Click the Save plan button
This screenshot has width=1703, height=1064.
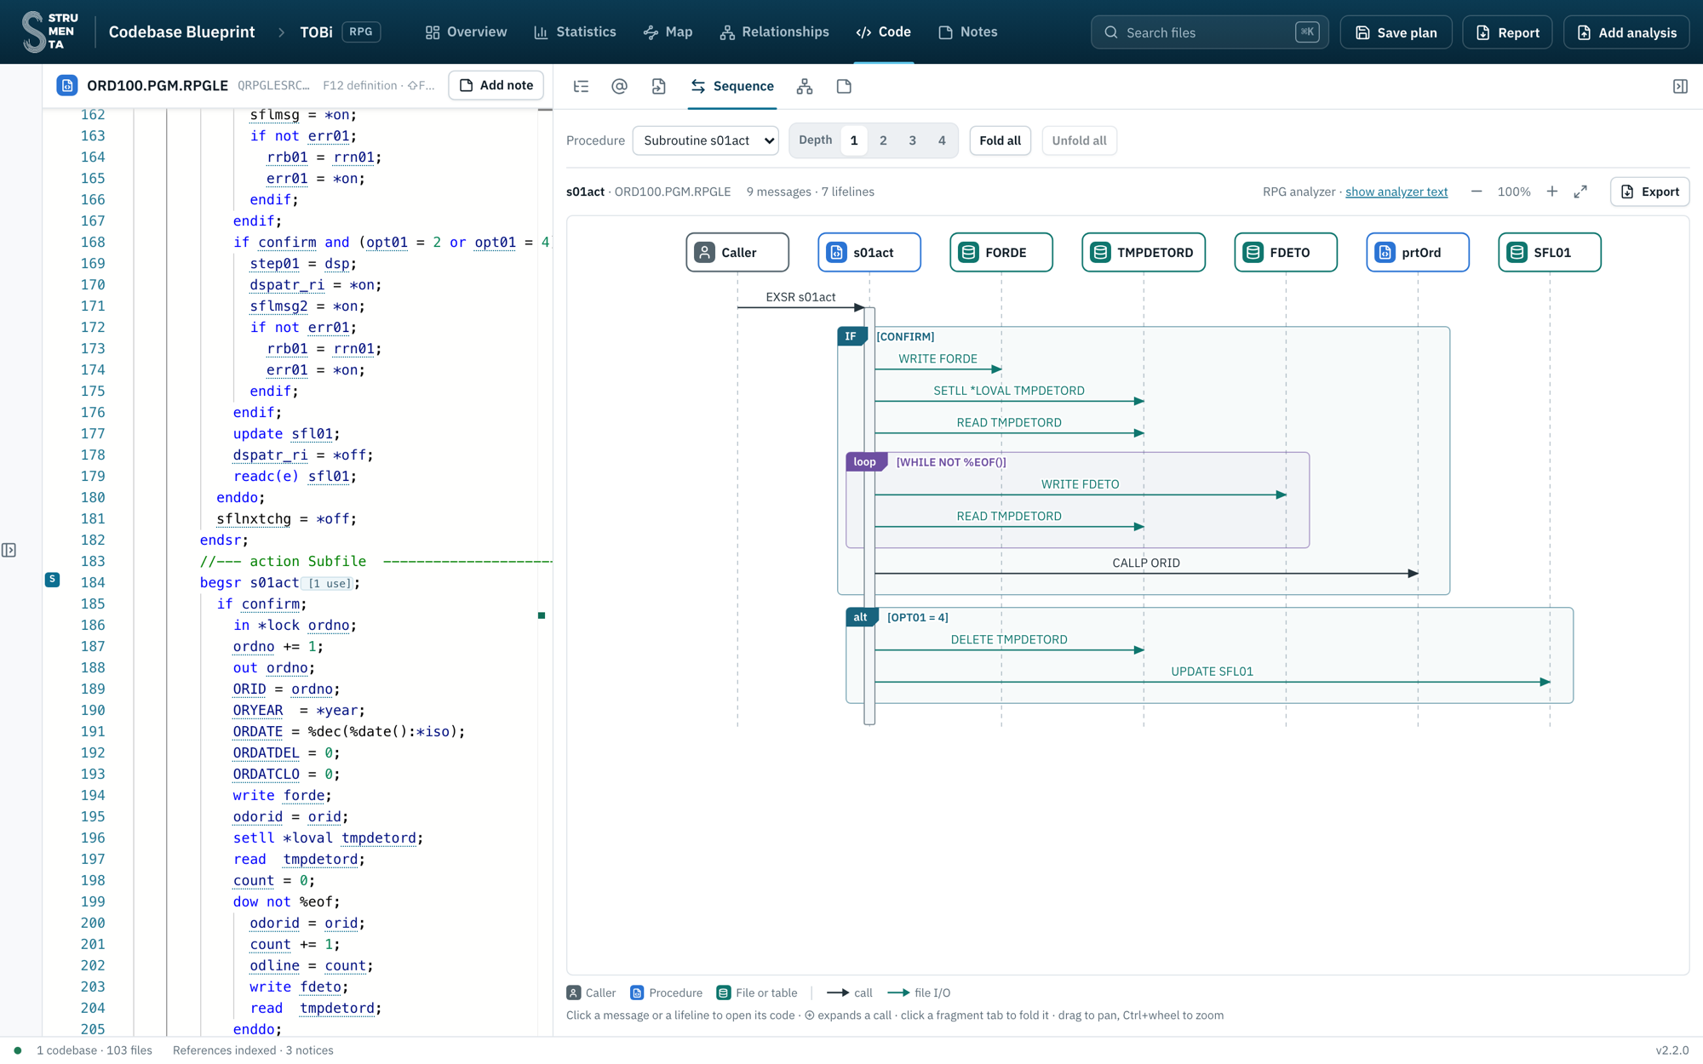pos(1396,32)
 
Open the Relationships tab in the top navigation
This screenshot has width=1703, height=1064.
pos(774,32)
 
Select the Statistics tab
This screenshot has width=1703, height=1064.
pos(575,32)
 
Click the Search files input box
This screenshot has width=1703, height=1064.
pos(1209,32)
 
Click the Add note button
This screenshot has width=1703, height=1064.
pos(496,85)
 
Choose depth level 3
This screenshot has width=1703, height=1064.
pos(912,140)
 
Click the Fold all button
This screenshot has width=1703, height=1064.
pos(1000,140)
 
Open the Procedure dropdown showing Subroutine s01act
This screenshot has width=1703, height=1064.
pos(706,140)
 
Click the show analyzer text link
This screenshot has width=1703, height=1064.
pos(1396,192)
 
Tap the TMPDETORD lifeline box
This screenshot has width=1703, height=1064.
pos(1144,252)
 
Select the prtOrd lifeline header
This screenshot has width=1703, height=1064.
pos(1418,252)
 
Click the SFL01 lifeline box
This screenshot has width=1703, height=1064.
pos(1550,252)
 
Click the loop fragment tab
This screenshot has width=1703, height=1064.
pos(866,461)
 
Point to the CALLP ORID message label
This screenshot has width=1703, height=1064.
pos(1146,563)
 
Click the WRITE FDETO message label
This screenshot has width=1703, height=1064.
pos(1080,484)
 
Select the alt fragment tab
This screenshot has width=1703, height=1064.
pos(861,617)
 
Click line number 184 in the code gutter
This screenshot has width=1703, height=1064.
pos(93,582)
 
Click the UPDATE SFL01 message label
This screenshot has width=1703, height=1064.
pos(1212,672)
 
